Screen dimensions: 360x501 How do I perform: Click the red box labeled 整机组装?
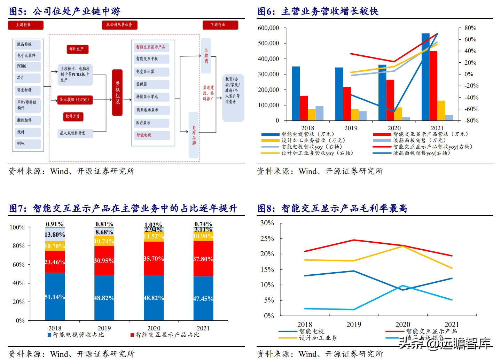117,92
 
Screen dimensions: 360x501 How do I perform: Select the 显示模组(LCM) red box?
73,100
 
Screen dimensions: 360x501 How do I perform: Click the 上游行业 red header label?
25,25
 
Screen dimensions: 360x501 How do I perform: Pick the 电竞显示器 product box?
151,72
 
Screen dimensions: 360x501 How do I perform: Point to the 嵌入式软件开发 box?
75,133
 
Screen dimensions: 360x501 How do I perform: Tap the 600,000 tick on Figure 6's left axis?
268,28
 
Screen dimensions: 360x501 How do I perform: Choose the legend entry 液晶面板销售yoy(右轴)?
421,153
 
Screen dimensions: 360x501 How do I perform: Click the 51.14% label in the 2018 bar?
55,297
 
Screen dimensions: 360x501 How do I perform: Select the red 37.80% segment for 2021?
203,259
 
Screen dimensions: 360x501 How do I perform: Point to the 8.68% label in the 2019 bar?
104,232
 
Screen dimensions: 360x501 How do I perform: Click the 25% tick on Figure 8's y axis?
267,238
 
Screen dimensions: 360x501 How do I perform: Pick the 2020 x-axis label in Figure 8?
402,324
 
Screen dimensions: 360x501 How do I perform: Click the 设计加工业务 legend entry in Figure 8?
318,338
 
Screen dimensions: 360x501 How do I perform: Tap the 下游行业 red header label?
220,25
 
